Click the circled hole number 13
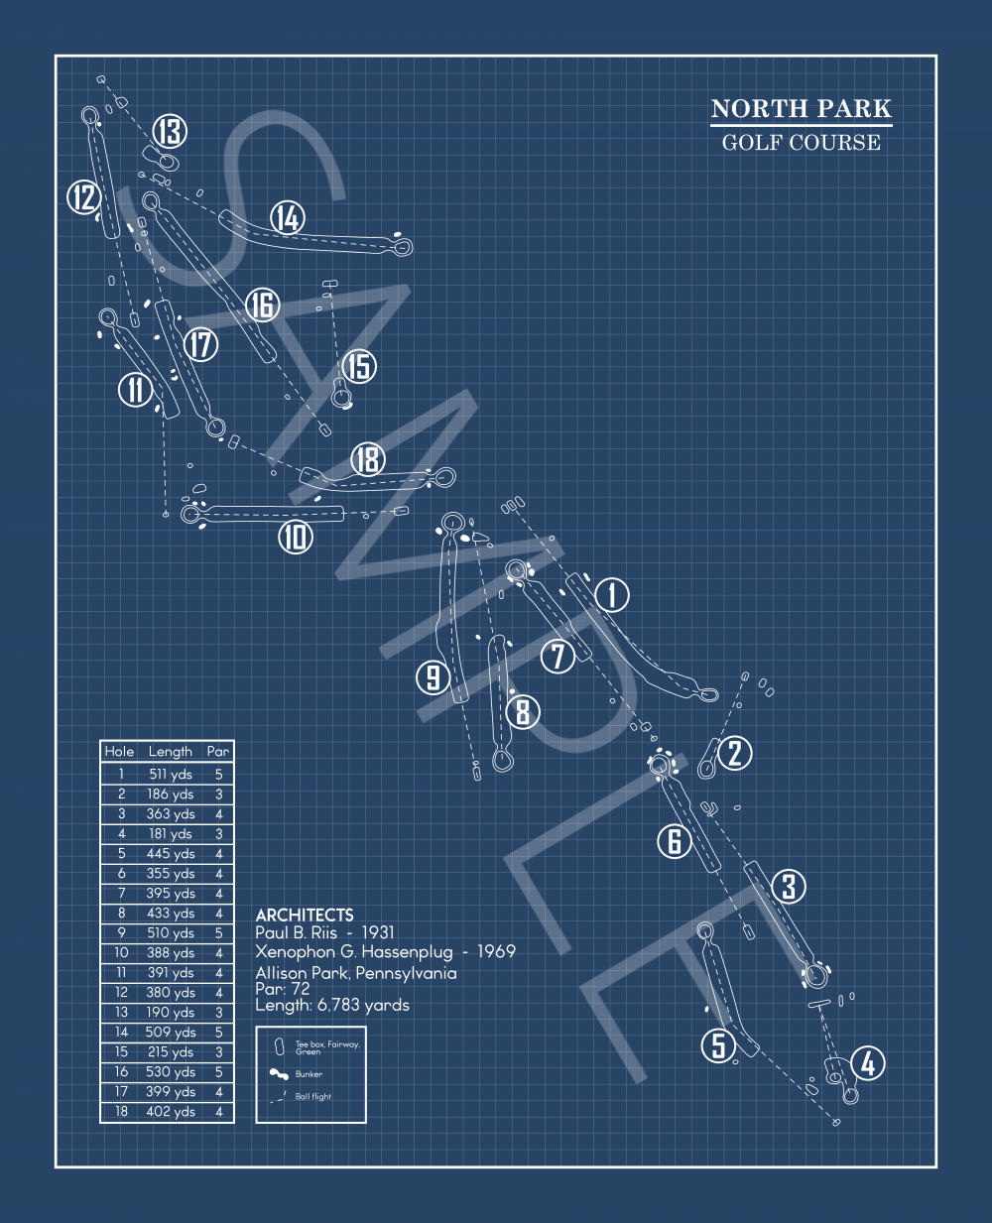170,131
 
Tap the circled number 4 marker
868,1063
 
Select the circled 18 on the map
367,459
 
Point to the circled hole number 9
434,677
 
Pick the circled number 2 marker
734,753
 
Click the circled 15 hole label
358,366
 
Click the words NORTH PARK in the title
801,109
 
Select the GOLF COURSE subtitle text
801,143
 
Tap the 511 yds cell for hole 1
171,775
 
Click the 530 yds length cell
171,1072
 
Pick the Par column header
218,752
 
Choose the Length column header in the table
170,752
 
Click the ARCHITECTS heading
305,915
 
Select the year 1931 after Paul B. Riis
378,932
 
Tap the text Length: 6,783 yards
332,1005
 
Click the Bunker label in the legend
309,1074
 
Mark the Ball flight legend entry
313,1097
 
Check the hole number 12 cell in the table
121,993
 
